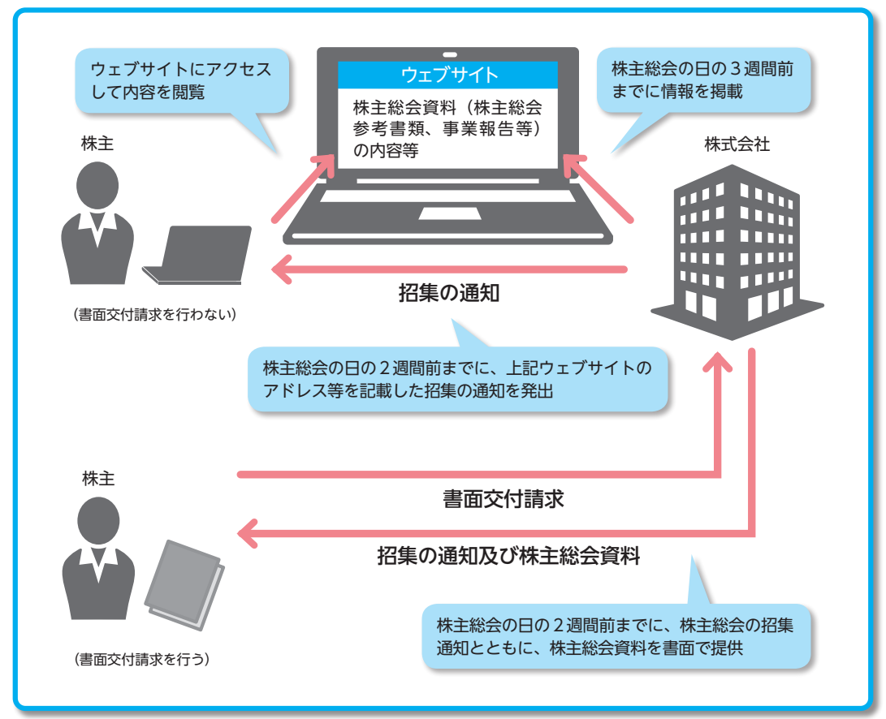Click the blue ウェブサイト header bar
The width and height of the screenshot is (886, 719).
click(x=448, y=75)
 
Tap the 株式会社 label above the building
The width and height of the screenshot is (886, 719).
click(x=737, y=145)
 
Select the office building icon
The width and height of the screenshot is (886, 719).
click(x=737, y=252)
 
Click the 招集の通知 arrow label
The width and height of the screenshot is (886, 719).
click(x=448, y=294)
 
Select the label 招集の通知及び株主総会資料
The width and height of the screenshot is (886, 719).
click(x=509, y=557)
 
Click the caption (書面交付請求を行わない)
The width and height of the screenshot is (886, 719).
click(x=154, y=313)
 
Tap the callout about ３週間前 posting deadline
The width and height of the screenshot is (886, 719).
click(x=703, y=80)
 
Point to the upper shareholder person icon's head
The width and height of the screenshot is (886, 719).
click(x=97, y=184)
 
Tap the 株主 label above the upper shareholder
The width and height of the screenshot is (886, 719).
click(x=97, y=144)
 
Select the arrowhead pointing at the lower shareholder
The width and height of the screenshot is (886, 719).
click(x=248, y=532)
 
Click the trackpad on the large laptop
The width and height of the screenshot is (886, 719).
click(x=449, y=213)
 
